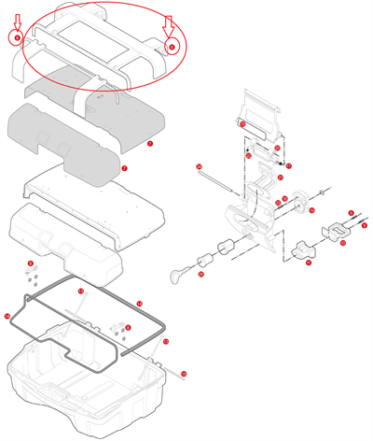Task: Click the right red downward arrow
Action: (170, 25)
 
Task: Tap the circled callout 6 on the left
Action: (16, 38)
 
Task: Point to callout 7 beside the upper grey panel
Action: (149, 145)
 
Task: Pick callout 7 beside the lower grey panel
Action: (124, 168)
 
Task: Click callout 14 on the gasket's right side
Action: (139, 304)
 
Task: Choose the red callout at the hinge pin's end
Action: (184, 374)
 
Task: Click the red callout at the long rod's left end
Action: (199, 166)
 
